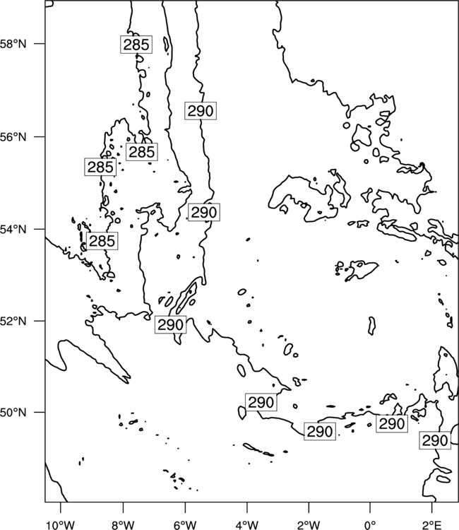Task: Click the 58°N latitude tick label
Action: click(x=13, y=44)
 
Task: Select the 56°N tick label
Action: click(x=13, y=137)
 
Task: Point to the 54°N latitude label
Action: click(x=13, y=230)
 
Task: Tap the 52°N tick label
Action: click(x=13, y=321)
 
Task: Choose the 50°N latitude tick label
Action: click(x=13, y=413)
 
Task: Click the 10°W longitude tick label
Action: click(x=61, y=525)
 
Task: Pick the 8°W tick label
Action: click(x=123, y=525)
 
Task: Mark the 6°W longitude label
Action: click(x=185, y=525)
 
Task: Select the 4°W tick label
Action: click(x=247, y=525)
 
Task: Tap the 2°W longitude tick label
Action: click(x=309, y=525)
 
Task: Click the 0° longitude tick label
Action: click(x=370, y=525)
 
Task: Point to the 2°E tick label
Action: click(x=432, y=525)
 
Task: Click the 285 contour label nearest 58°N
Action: click(x=136, y=45)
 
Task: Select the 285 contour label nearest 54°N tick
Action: click(x=102, y=241)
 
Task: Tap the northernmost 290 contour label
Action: click(x=201, y=110)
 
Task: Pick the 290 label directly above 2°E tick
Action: click(x=435, y=440)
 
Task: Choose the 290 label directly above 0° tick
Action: click(x=392, y=423)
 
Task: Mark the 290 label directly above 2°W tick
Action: click(x=320, y=431)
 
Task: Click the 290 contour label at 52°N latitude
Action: click(x=171, y=324)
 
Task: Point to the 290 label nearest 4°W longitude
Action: click(x=261, y=402)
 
